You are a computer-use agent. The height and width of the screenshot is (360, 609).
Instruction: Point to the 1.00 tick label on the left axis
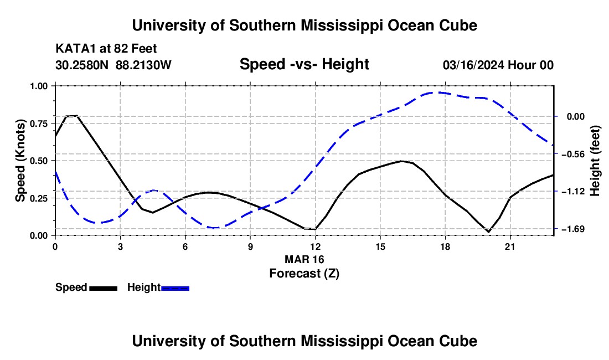39,86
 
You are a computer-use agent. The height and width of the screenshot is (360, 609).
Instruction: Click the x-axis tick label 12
316,246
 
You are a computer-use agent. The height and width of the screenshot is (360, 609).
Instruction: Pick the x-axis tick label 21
510,246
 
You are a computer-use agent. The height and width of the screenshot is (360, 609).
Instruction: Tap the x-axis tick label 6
185,246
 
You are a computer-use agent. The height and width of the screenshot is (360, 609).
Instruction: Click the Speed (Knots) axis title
20,161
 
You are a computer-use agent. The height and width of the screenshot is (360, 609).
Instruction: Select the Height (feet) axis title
595,161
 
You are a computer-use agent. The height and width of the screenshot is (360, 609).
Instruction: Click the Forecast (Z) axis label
304,274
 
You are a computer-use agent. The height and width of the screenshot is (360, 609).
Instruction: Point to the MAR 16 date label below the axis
304,259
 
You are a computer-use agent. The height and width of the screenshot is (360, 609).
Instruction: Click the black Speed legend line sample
104,288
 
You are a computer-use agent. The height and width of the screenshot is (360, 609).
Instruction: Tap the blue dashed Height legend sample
175,288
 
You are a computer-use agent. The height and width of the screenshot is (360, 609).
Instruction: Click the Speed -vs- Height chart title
304,64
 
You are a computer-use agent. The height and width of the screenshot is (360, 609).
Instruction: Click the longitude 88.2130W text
143,65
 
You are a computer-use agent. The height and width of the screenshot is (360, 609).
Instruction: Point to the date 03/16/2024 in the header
473,65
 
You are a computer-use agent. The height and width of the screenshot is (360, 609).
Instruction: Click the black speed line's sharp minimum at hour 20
489,232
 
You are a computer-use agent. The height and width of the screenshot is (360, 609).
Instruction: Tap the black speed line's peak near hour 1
73,116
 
